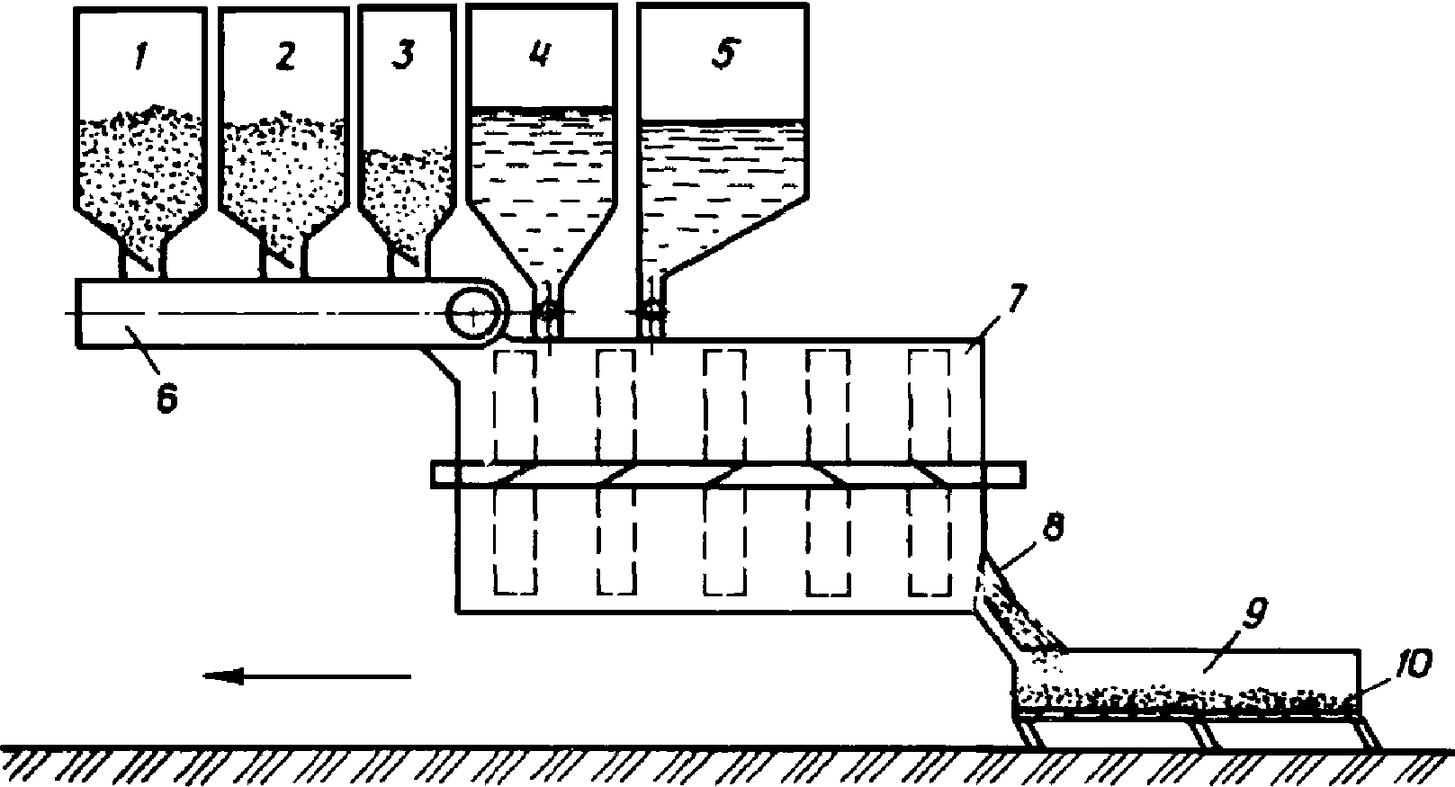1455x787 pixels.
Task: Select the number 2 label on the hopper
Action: point(284,57)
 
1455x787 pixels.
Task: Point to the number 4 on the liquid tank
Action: point(540,54)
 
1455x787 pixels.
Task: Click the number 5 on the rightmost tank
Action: point(723,53)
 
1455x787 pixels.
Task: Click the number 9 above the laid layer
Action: point(1253,617)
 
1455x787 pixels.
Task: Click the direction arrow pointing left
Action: point(306,675)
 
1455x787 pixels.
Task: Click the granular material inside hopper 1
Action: point(139,171)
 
